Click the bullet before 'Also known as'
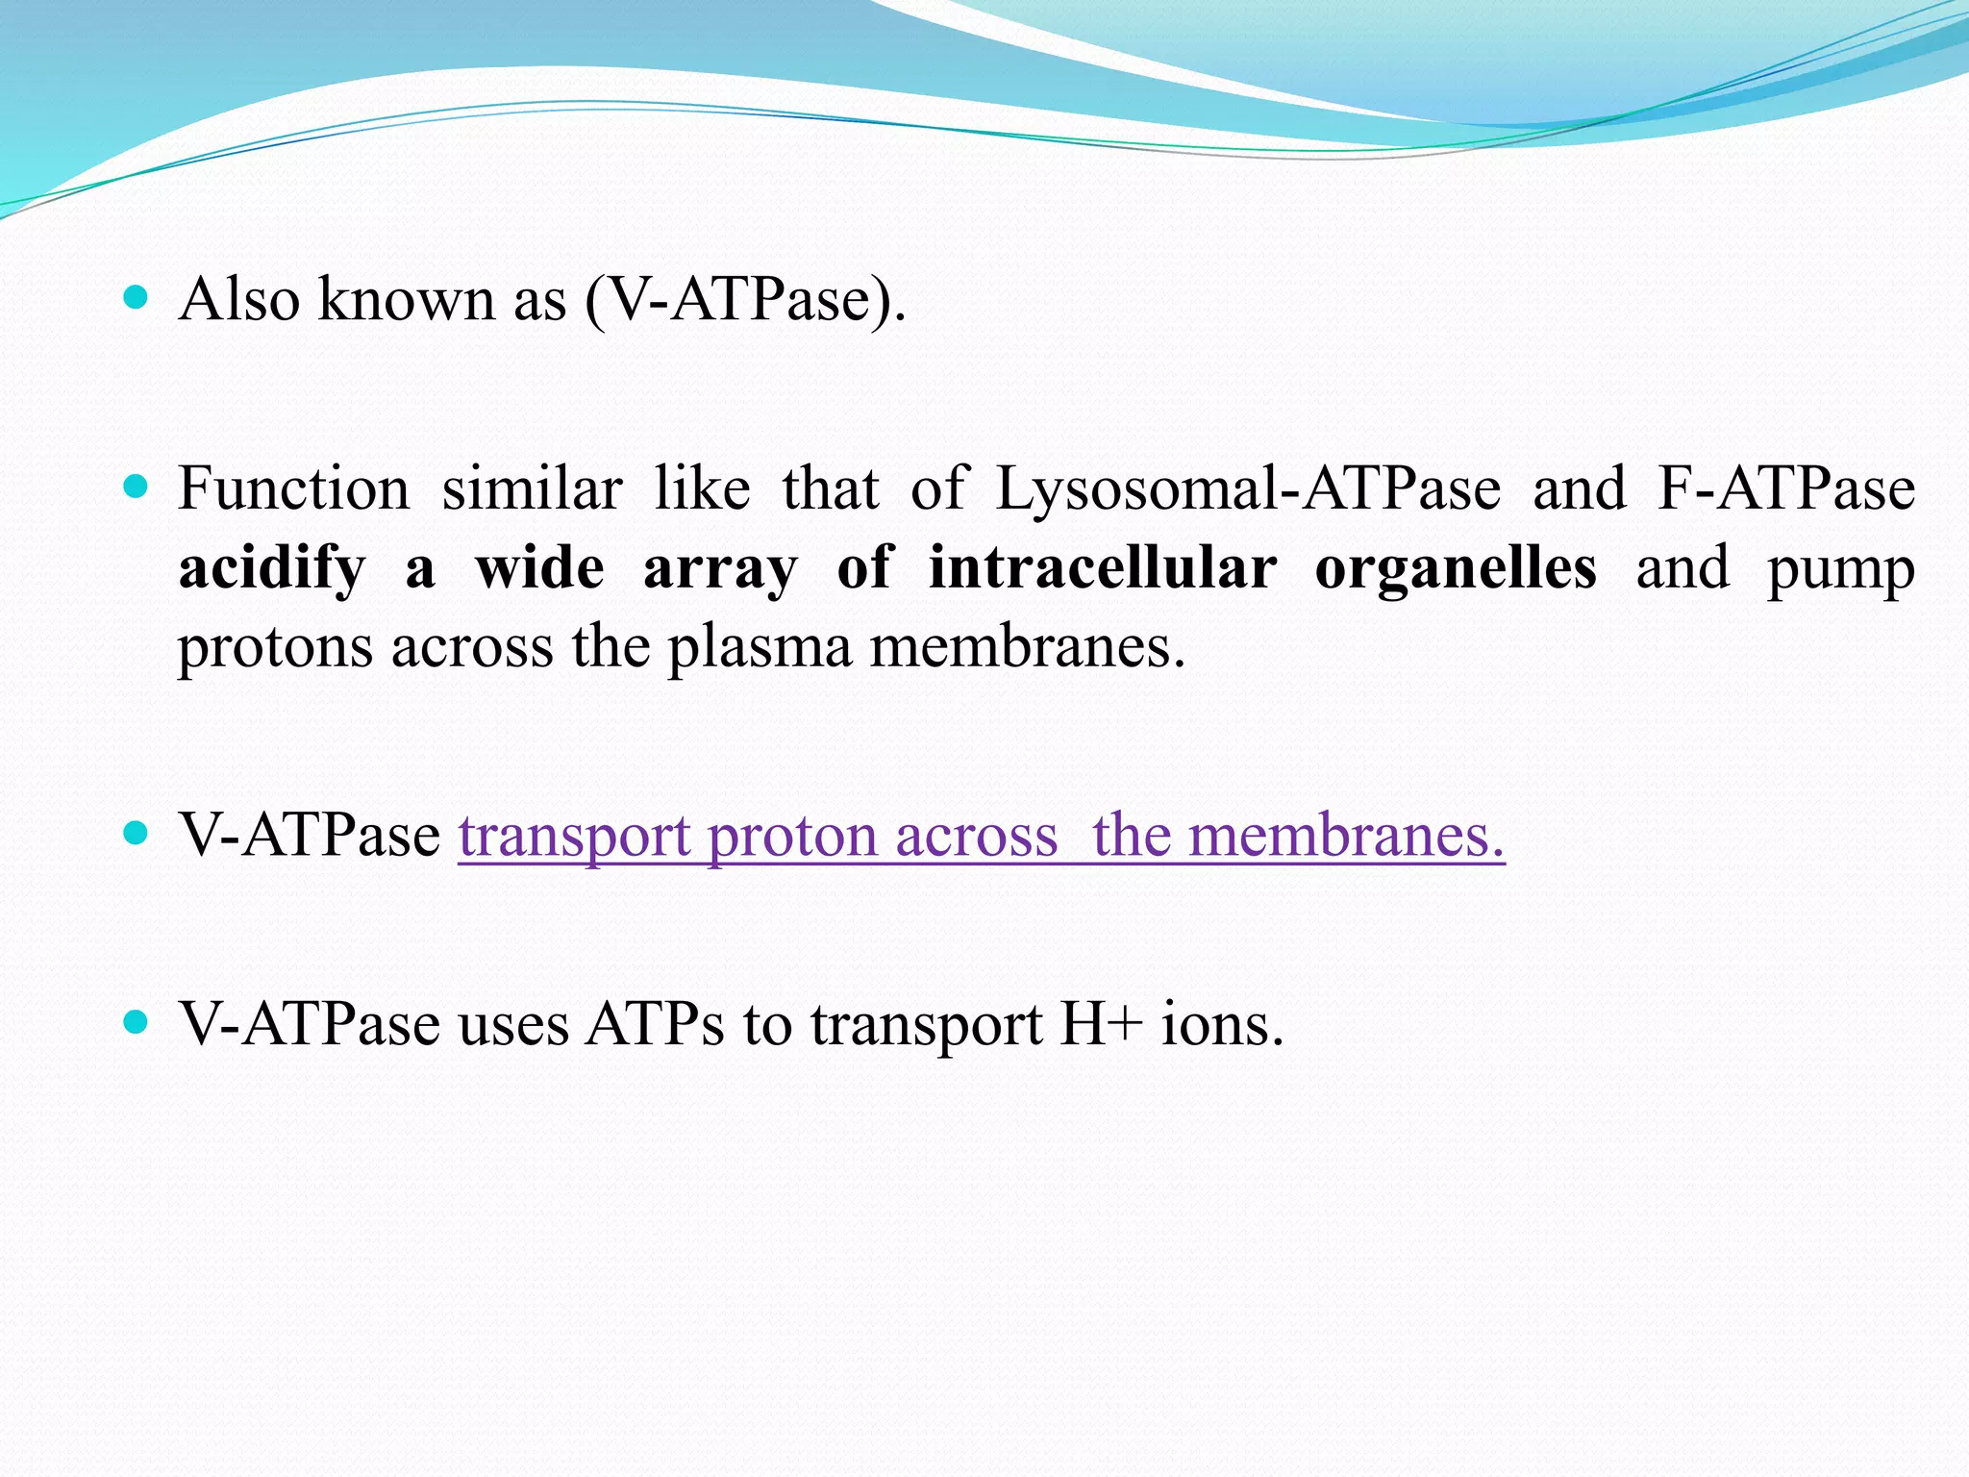136,298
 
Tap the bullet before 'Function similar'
136,488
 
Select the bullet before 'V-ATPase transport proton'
136,833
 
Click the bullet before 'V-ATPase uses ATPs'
136,1022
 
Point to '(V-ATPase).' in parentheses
745,300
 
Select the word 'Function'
294,488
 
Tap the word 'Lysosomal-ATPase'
1247,489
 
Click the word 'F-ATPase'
1786,488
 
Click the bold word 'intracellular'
1102,566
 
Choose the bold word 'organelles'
1456,566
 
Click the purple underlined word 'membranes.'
1346,834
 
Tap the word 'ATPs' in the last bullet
656,1023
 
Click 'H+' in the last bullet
1101,1023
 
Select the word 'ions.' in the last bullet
1222,1023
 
